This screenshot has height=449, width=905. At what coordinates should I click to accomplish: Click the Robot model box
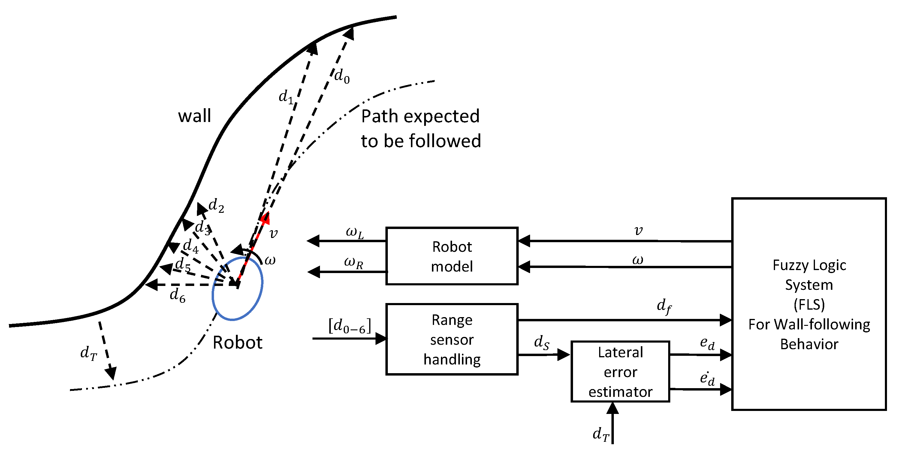click(x=452, y=256)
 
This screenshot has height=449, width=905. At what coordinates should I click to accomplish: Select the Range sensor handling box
click(x=452, y=340)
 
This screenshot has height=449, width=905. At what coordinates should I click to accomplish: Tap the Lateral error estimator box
click(x=620, y=372)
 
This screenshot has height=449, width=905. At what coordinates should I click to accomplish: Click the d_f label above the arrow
click(x=664, y=306)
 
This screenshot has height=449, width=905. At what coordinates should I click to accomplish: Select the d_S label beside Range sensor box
click(x=541, y=342)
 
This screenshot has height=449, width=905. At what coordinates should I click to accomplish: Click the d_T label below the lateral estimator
click(x=601, y=434)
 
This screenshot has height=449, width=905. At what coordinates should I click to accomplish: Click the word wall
click(x=194, y=116)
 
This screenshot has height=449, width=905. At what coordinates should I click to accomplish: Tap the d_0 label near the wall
click(x=342, y=76)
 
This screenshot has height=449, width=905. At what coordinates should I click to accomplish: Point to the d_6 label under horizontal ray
click(x=177, y=295)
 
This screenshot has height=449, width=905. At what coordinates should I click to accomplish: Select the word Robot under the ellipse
click(x=237, y=342)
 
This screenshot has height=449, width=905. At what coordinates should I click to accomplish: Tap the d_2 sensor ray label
click(x=216, y=206)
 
